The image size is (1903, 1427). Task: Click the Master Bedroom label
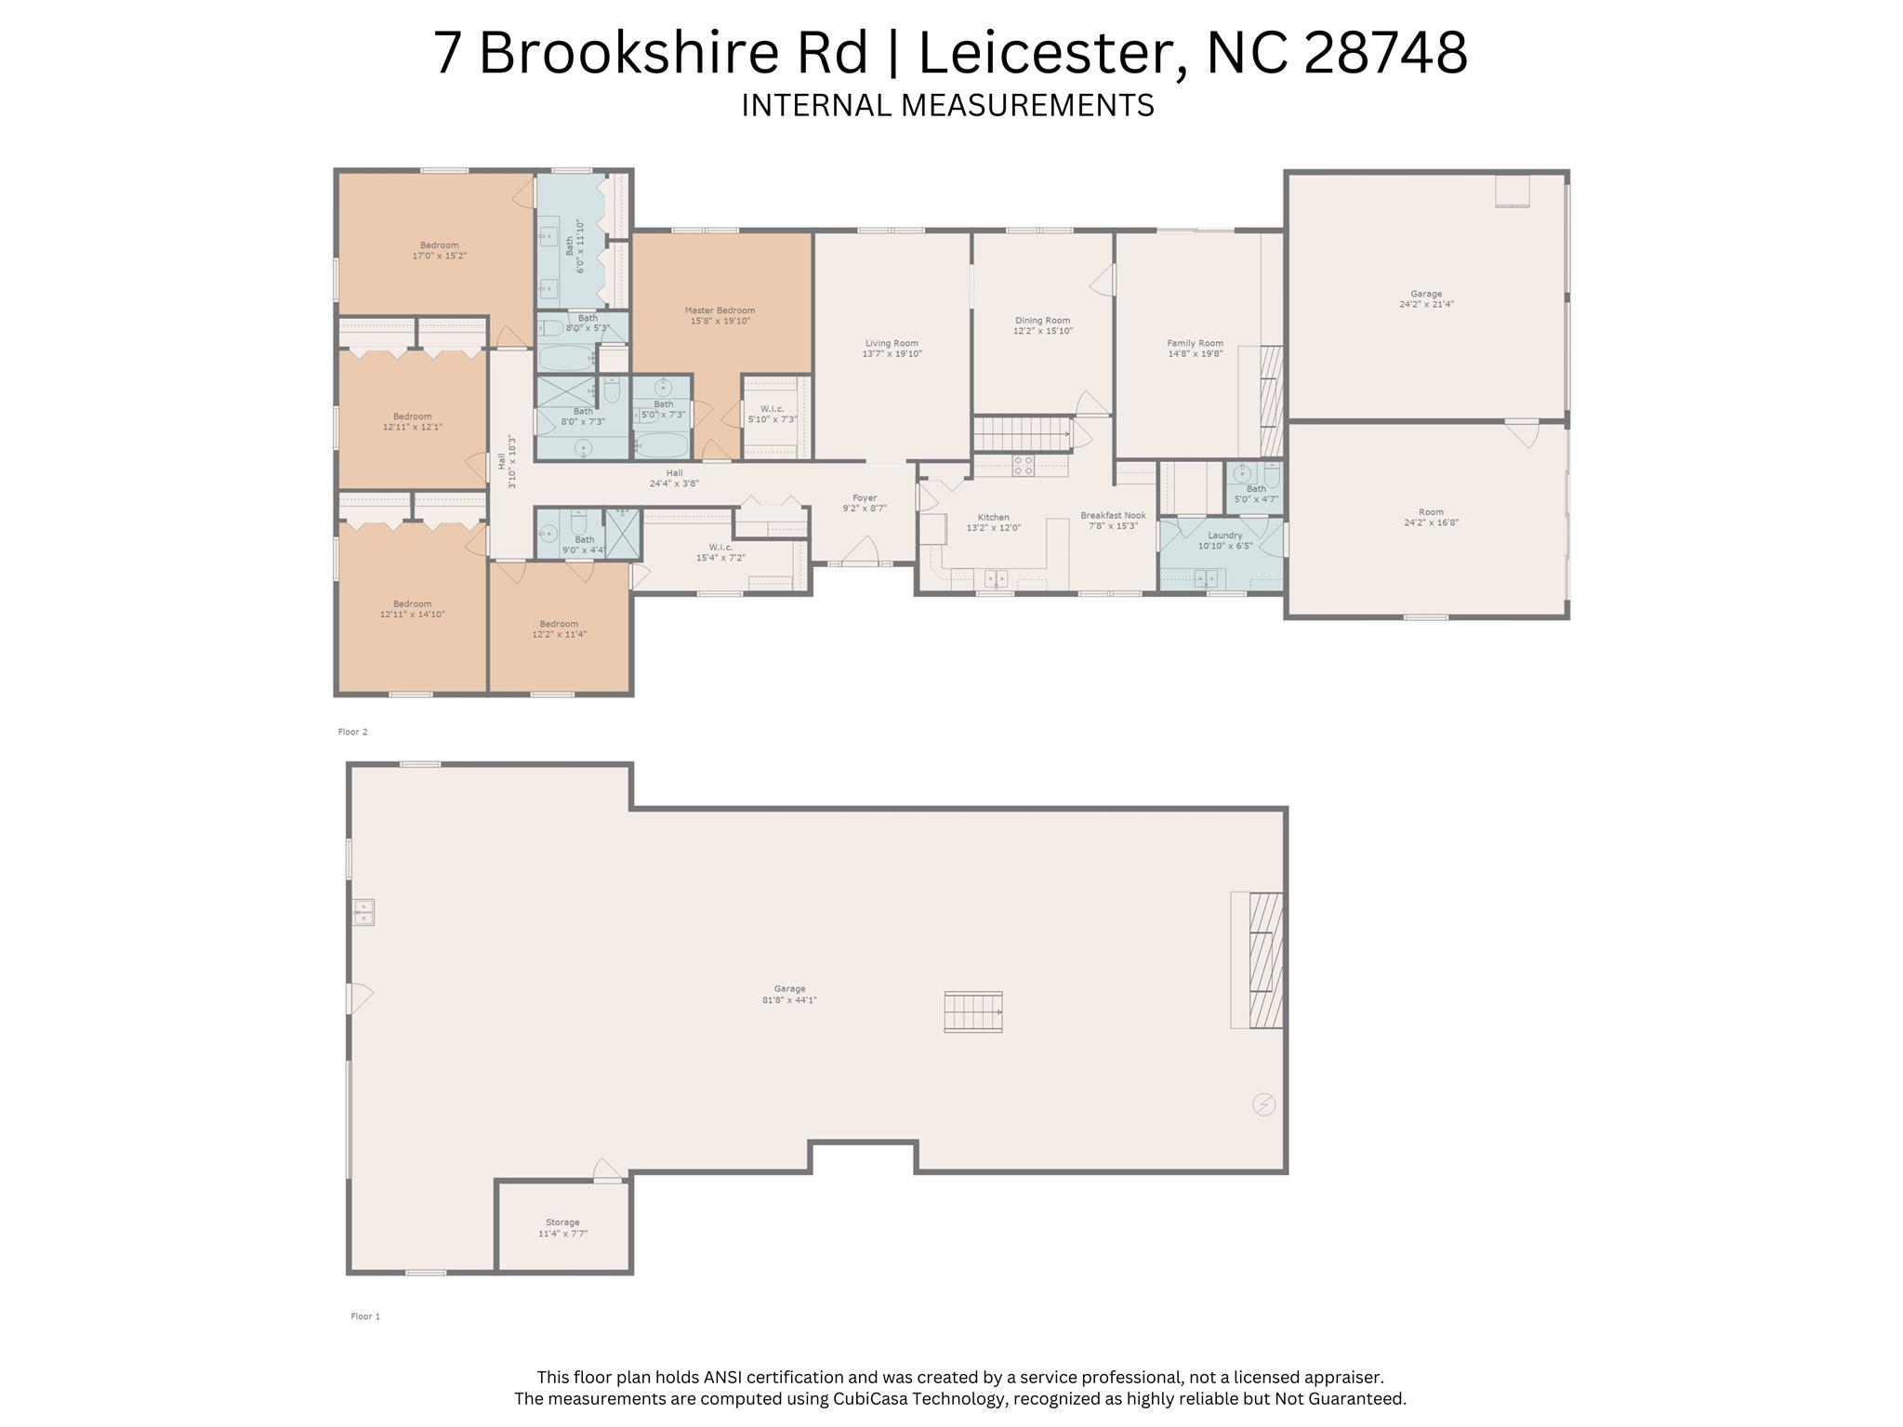click(x=720, y=311)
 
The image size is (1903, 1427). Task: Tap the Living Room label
click(x=892, y=343)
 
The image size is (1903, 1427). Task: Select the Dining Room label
click(x=1042, y=320)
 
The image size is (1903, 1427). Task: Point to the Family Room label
click(x=1196, y=343)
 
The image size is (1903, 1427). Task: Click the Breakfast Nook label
click(x=1113, y=515)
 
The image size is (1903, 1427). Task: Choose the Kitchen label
click(x=993, y=518)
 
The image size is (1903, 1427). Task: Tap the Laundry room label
click(x=1225, y=535)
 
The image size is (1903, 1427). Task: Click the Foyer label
click(x=865, y=498)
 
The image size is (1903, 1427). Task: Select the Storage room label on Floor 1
click(x=562, y=1222)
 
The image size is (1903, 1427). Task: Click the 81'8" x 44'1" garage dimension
click(x=789, y=1000)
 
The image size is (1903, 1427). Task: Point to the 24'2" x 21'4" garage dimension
click(x=1426, y=304)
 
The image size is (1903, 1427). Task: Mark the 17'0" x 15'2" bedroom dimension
click(x=439, y=256)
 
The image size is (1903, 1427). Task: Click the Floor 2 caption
click(x=352, y=732)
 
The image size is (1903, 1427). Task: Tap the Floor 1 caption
click(x=365, y=1316)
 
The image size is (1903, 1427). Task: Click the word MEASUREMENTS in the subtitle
click(x=1027, y=105)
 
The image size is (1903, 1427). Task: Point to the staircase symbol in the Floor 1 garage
click(x=973, y=1011)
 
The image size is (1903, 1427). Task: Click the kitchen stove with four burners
click(x=1024, y=466)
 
